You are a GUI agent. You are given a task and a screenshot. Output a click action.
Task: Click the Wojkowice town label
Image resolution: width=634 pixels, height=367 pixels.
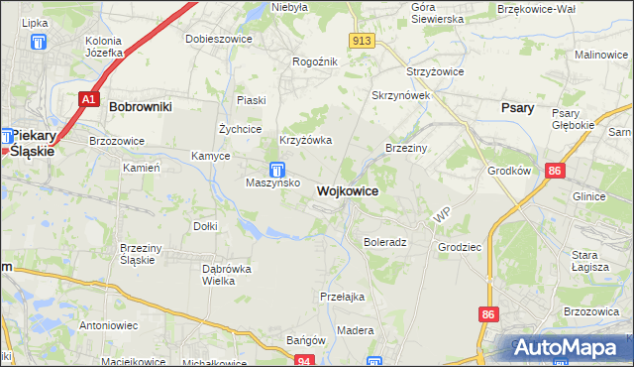pyautogui.click(x=347, y=190)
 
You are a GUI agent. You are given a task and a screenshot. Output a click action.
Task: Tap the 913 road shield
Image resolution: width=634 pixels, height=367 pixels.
pyautogui.click(x=362, y=40)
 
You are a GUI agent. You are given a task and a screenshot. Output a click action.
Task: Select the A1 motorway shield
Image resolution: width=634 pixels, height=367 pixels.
pyautogui.click(x=88, y=99)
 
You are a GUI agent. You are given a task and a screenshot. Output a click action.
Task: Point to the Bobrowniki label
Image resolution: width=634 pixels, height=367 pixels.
pyautogui.click(x=141, y=104)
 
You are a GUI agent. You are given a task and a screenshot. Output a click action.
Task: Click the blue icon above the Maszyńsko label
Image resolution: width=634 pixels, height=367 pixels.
pyautogui.click(x=278, y=169)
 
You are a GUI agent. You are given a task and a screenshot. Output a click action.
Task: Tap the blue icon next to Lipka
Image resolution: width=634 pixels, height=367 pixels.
pyautogui.click(x=39, y=42)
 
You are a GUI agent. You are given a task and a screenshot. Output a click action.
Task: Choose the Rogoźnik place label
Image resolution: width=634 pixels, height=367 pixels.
pyautogui.click(x=315, y=61)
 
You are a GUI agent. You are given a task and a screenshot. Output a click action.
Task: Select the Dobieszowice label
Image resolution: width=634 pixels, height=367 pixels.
pyautogui.click(x=219, y=39)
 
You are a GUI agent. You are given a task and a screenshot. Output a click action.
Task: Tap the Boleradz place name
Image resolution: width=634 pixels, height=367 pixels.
pyautogui.click(x=385, y=242)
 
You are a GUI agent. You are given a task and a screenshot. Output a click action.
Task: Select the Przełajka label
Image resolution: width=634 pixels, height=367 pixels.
pyautogui.click(x=343, y=297)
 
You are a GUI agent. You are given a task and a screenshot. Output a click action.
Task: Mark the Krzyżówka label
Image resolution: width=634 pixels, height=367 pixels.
pyautogui.click(x=304, y=140)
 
